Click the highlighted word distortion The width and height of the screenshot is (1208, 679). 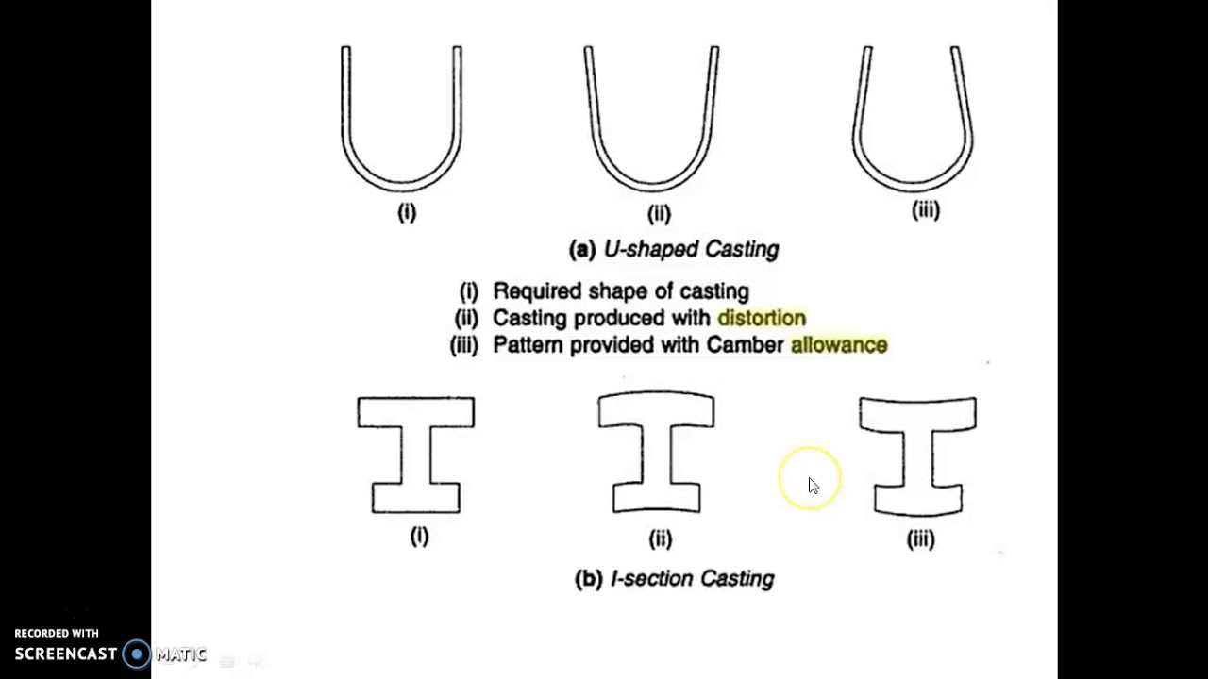tap(761, 318)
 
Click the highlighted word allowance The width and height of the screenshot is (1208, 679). tap(838, 345)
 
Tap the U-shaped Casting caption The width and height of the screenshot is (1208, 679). tap(690, 249)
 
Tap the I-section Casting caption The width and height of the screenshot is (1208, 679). tap(691, 578)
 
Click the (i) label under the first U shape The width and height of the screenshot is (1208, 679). tap(407, 212)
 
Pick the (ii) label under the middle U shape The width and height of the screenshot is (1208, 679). tap(659, 213)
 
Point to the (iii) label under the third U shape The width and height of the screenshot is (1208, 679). tap(925, 210)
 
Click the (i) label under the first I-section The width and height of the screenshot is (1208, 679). tap(419, 537)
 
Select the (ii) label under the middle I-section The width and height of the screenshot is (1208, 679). tap(660, 538)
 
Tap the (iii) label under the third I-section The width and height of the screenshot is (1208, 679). tap(920, 538)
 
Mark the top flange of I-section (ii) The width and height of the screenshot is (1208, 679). tap(656, 410)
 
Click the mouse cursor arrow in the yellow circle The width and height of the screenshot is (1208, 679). tap(814, 486)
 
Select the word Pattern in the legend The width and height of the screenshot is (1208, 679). tap(527, 345)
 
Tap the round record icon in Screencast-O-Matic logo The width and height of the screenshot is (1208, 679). tap(137, 654)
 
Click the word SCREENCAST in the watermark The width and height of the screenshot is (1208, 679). tap(66, 654)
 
